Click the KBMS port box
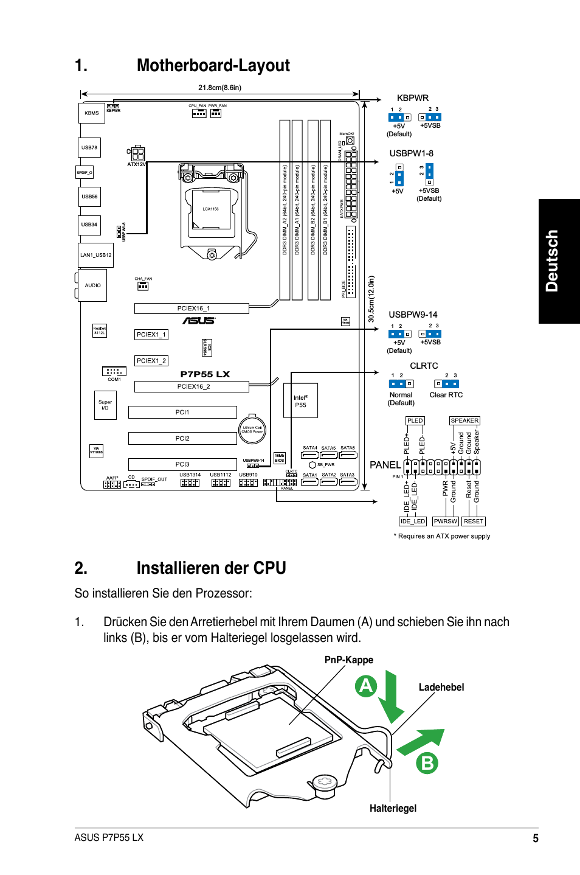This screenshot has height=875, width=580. (x=91, y=113)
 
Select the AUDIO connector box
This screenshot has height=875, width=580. (x=93, y=285)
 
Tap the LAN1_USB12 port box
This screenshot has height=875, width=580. (x=96, y=255)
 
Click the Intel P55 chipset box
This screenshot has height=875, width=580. (x=300, y=400)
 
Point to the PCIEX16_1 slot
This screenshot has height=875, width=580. (x=192, y=309)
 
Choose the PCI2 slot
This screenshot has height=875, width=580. (x=182, y=438)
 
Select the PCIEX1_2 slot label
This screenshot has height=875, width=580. (x=151, y=361)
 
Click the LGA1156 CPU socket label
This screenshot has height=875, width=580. (x=210, y=209)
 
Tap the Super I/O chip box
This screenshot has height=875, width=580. (x=105, y=405)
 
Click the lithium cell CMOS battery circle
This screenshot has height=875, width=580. (x=252, y=430)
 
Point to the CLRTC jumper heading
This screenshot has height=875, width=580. (x=424, y=366)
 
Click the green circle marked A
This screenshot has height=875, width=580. (x=366, y=686)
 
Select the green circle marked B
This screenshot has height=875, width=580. (x=427, y=762)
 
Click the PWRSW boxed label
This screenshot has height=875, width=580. (x=445, y=521)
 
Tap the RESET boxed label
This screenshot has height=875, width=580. (x=474, y=521)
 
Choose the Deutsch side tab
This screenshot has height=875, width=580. (x=558, y=261)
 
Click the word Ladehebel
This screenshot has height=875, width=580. (x=441, y=687)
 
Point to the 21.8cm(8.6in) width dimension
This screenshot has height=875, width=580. (x=219, y=88)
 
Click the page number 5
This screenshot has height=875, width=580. (x=535, y=838)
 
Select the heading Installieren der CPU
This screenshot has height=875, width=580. (x=211, y=568)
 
